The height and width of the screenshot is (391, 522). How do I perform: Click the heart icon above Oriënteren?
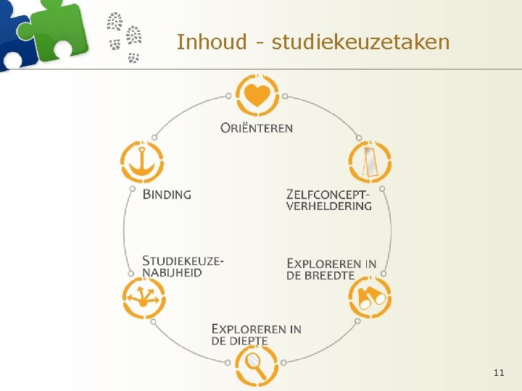(x=257, y=95)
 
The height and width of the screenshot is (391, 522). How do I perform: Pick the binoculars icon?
(x=370, y=298)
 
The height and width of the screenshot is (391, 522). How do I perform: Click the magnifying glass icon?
(x=256, y=365)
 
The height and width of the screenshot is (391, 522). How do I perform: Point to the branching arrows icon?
(x=142, y=298)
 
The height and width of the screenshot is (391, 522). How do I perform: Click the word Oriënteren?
(x=257, y=128)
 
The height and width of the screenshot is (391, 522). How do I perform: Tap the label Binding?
(x=167, y=194)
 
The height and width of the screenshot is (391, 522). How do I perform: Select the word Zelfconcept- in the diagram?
(x=328, y=194)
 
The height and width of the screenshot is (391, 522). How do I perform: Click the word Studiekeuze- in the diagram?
(x=183, y=261)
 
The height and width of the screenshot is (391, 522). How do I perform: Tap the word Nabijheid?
(x=172, y=272)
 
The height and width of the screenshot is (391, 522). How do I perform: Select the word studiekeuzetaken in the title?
(x=360, y=42)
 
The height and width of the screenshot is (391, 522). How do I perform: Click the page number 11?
(x=498, y=372)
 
